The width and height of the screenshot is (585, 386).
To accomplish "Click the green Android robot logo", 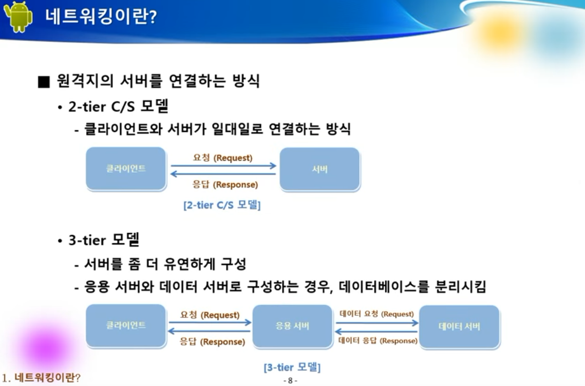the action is [17, 17].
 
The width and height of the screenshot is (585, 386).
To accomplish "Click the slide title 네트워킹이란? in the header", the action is [101, 16].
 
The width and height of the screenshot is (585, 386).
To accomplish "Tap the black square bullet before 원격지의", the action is [44, 82].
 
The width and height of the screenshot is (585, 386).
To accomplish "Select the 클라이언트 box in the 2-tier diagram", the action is [126, 169].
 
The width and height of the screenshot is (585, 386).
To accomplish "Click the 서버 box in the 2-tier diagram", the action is [320, 169].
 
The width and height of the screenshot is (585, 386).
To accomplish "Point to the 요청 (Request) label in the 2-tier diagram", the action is [223, 158].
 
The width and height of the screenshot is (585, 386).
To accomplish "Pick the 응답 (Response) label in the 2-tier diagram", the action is [225, 185].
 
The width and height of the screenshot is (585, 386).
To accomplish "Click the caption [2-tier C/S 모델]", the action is [222, 205].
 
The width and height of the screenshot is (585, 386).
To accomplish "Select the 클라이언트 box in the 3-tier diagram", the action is [126, 326].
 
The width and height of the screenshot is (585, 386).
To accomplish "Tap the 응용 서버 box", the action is [292, 326].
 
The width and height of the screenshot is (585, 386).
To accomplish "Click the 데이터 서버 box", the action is [459, 327].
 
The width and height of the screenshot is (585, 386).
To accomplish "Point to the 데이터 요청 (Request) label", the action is [376, 314].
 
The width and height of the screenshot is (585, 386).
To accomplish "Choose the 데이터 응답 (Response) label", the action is [378, 340].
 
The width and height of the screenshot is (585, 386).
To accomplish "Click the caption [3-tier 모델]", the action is [292, 367].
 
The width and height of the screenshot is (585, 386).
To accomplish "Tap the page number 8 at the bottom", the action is [290, 381].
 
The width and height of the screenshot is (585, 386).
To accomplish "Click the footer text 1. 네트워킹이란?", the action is [41, 377].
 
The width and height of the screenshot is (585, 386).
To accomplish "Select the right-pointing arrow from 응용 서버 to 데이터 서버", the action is [377, 323].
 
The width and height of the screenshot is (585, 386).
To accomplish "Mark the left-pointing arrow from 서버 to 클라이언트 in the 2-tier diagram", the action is [223, 174].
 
